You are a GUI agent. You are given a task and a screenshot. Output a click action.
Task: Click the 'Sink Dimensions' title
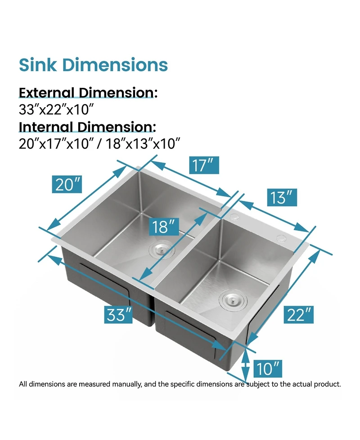[x=93, y=65]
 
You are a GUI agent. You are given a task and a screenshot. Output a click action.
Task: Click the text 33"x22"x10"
[x=56, y=109]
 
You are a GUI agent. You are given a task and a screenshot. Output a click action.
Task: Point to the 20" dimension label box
[x=68, y=184]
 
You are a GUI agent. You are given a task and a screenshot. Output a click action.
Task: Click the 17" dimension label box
[x=204, y=165]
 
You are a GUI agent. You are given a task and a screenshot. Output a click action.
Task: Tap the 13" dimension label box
[x=282, y=197]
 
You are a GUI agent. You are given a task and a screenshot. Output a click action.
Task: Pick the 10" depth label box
[x=267, y=369]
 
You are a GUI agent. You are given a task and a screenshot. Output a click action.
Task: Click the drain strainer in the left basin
[x=160, y=248]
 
